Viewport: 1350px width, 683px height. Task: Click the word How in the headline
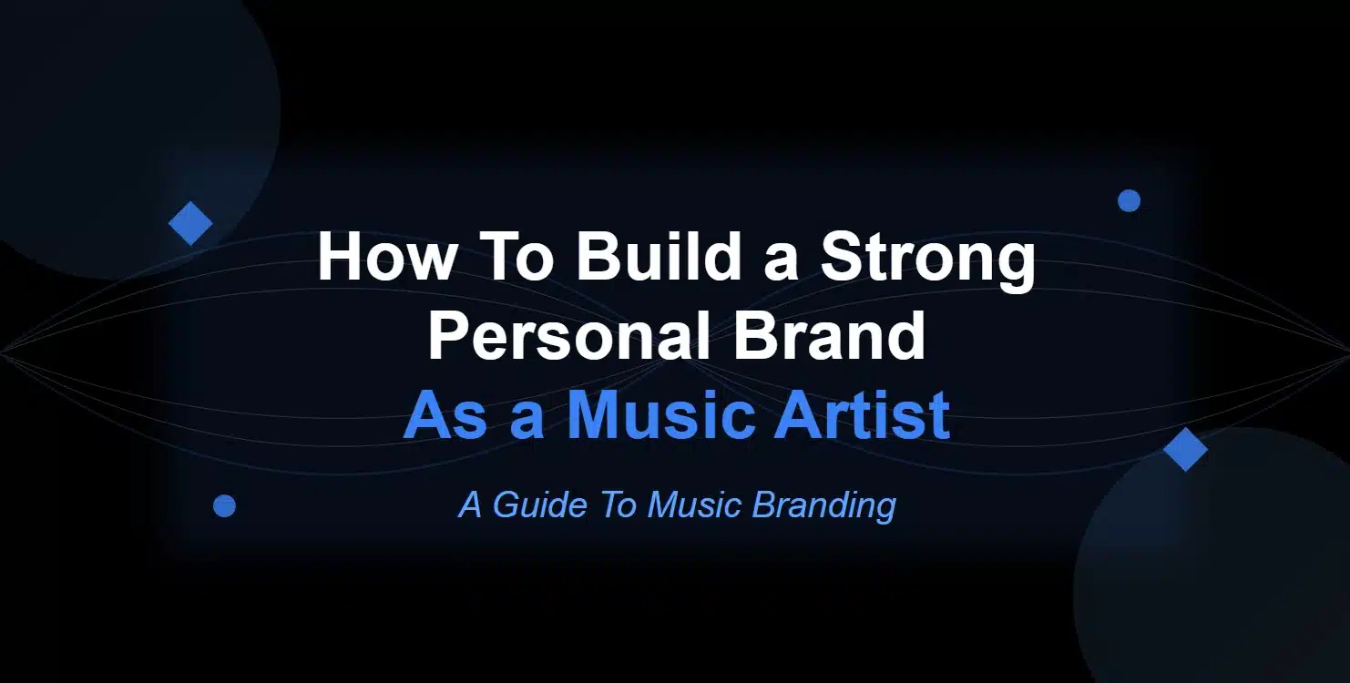386,256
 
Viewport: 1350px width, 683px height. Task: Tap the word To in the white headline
518,256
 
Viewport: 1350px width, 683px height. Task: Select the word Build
658,256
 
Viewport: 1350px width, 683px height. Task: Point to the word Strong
928,262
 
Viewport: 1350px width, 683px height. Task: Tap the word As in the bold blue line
445,414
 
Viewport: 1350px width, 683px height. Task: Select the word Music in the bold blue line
661,414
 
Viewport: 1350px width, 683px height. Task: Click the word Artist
863,414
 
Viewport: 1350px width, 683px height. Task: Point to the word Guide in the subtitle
539,505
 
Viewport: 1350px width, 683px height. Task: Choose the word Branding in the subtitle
823,506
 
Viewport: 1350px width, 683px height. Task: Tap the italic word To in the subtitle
619,505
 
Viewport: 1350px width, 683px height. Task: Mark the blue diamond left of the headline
190,223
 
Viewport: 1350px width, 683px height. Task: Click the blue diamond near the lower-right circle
1185,449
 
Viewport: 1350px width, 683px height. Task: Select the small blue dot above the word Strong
1129,200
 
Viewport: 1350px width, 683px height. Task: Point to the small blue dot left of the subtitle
224,506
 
